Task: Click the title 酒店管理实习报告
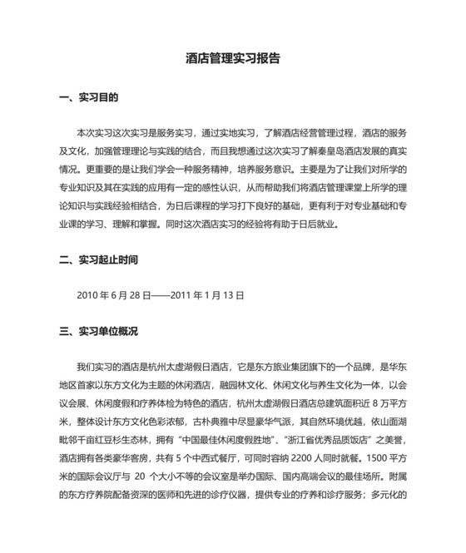233,59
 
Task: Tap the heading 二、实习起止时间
105,259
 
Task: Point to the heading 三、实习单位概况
105,331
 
